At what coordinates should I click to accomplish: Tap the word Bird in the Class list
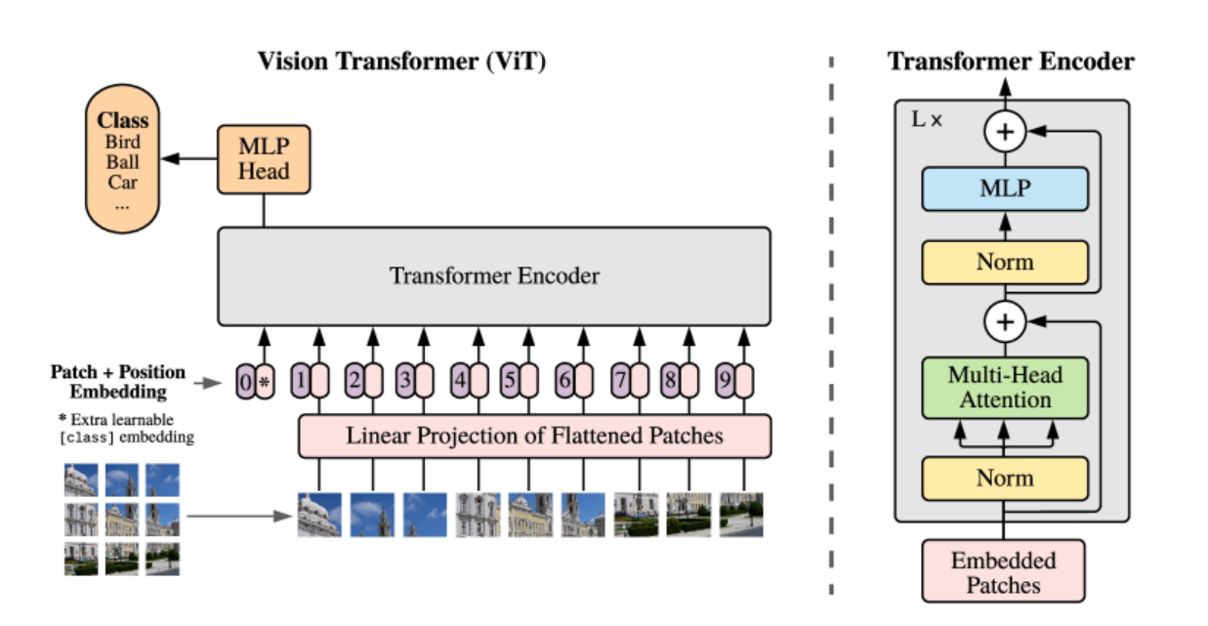pos(123,143)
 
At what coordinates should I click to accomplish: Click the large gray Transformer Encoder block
pos(494,276)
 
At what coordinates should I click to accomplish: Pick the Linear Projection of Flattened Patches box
pos(534,436)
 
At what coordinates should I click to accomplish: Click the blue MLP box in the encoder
pos(1005,189)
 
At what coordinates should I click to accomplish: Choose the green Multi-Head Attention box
pos(1005,387)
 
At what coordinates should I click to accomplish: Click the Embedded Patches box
pos(1004,572)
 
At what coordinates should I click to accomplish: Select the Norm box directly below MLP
pos(1005,262)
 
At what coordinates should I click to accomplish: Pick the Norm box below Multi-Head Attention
pos(1005,478)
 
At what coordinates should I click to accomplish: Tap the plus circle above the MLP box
pos(1005,131)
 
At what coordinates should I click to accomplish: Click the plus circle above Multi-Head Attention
pos(1005,320)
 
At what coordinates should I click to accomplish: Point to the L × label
pos(927,120)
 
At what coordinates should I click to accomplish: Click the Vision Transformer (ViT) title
pos(401,63)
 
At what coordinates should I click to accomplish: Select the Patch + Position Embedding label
pos(118,382)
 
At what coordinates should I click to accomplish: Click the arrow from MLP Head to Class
pos(189,157)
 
